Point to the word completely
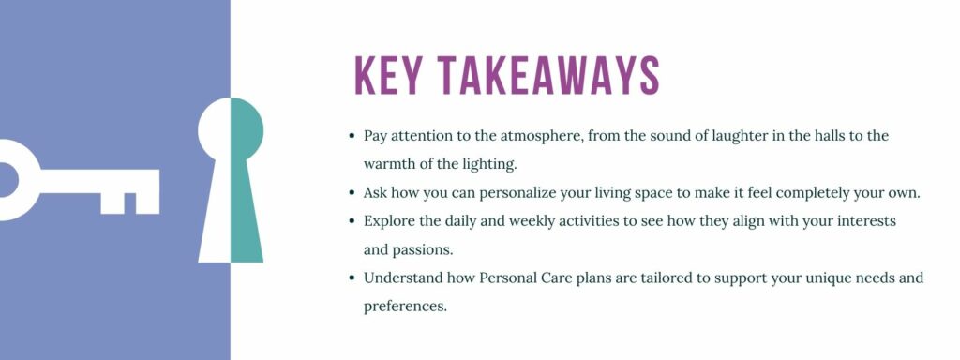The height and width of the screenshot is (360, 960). click(x=814, y=193)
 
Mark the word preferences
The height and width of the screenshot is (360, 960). click(x=406, y=307)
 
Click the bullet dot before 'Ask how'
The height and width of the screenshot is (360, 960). click(x=350, y=193)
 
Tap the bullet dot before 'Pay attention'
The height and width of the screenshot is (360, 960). click(x=350, y=136)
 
